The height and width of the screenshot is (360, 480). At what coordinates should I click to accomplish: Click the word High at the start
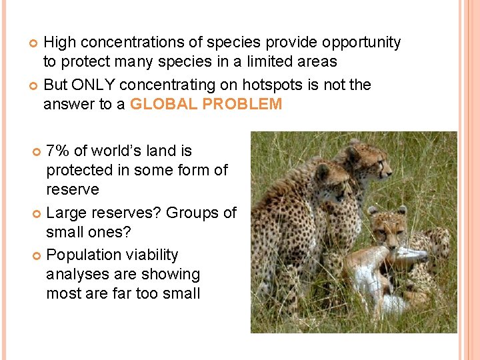pos(59,43)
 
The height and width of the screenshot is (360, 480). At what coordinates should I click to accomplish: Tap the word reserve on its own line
pos(72,190)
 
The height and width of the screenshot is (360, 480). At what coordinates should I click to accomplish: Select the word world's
pos(120,151)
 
